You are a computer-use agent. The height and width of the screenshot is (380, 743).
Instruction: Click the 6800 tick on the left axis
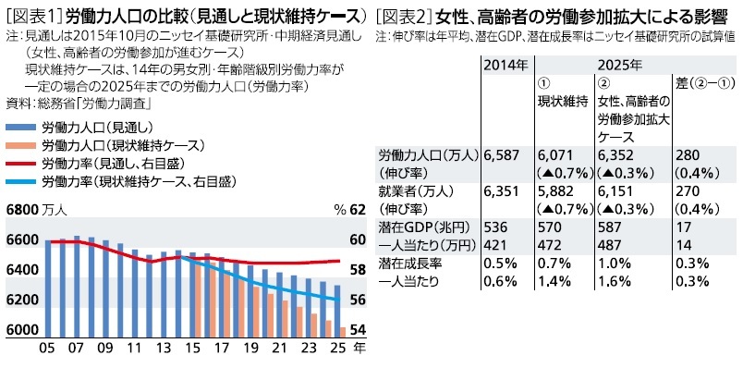tap(23, 211)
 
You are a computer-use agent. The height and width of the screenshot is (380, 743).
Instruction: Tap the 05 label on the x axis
tap(45, 350)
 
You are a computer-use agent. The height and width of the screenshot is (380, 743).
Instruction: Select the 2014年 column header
tap(505, 65)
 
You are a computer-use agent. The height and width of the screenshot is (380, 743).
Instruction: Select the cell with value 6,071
tap(557, 155)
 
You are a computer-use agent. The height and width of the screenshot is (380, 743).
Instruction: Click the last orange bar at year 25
tap(344, 330)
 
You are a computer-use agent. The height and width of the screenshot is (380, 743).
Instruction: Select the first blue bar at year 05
tap(48, 287)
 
